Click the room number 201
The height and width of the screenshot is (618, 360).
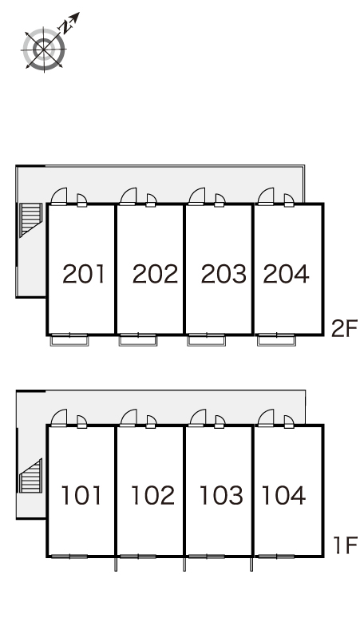(84, 274)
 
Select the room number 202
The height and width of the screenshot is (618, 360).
(155, 274)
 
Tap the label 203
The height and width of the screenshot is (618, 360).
(224, 274)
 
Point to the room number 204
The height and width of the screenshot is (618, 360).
(286, 274)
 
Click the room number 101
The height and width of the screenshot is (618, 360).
(81, 495)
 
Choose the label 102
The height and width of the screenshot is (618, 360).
(152, 495)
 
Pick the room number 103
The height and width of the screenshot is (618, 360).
(221, 495)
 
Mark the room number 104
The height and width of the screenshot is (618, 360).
(283, 495)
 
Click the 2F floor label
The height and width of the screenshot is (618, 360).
(344, 329)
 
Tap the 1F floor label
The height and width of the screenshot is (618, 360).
(346, 545)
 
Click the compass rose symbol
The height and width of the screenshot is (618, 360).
(44, 50)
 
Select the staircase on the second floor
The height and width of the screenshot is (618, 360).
(30, 220)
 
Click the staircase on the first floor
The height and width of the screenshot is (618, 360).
(30, 476)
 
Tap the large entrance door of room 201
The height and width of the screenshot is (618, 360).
(59, 196)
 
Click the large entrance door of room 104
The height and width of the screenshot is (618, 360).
(266, 418)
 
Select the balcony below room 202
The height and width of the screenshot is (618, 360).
(138, 340)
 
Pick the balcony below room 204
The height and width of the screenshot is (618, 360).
(276, 340)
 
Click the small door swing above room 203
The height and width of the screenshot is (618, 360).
(220, 200)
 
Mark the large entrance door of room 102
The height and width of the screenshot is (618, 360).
(129, 418)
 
